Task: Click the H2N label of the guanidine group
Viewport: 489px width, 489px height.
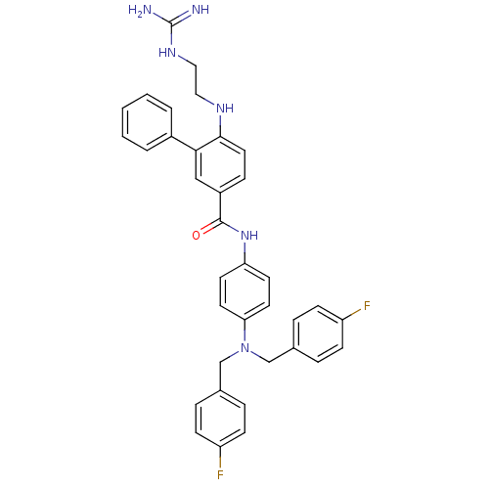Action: tap(140, 10)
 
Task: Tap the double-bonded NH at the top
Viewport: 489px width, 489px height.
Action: tap(200, 10)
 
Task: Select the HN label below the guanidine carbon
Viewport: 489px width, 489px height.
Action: tap(167, 52)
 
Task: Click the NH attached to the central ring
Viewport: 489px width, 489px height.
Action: tap(225, 108)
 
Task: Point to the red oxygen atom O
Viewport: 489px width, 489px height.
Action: tap(197, 235)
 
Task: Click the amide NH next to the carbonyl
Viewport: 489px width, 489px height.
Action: tap(249, 235)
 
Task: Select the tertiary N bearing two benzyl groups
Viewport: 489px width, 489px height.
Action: tap(244, 347)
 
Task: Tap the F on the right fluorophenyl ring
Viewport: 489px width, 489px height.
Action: tap(367, 306)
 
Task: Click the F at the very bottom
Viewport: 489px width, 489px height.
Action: tap(220, 474)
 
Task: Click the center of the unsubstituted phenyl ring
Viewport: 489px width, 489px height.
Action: tap(147, 122)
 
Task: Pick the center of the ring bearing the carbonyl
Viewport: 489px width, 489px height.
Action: tap(220, 164)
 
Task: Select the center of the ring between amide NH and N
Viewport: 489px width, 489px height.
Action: tap(244, 291)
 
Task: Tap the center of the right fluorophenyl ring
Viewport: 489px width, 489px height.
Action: tap(318, 333)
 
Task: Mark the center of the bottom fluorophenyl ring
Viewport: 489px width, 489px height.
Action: tap(220, 419)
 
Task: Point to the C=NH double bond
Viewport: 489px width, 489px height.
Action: tap(181, 18)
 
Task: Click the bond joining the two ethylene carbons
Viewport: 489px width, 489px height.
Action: tap(197, 80)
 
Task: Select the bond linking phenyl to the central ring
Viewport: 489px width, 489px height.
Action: tap(184, 144)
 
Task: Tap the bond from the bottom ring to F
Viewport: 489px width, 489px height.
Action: tap(220, 458)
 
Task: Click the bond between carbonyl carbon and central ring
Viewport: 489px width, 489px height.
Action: tap(220, 207)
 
